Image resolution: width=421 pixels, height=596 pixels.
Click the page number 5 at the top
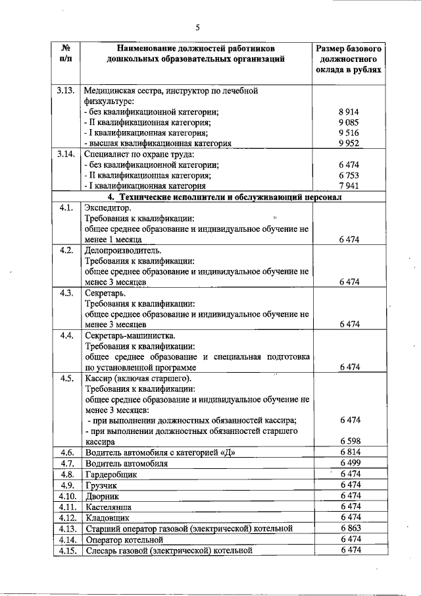point(197,27)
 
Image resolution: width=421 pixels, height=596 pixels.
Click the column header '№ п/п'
point(66,54)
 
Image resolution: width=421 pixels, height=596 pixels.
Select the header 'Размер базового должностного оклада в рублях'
point(349,59)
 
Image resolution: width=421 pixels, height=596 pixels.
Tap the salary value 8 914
point(349,112)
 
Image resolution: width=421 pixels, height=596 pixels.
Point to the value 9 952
point(349,143)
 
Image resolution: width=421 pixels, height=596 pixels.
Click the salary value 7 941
point(349,186)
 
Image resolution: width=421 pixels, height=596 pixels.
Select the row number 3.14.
point(66,154)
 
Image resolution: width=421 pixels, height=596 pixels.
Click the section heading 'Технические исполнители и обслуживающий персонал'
point(218,197)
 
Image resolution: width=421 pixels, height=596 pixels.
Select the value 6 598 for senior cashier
point(349,441)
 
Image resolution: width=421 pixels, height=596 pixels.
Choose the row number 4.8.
point(66,474)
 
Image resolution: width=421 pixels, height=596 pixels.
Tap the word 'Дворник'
point(103,496)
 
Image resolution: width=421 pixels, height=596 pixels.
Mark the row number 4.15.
point(68,550)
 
